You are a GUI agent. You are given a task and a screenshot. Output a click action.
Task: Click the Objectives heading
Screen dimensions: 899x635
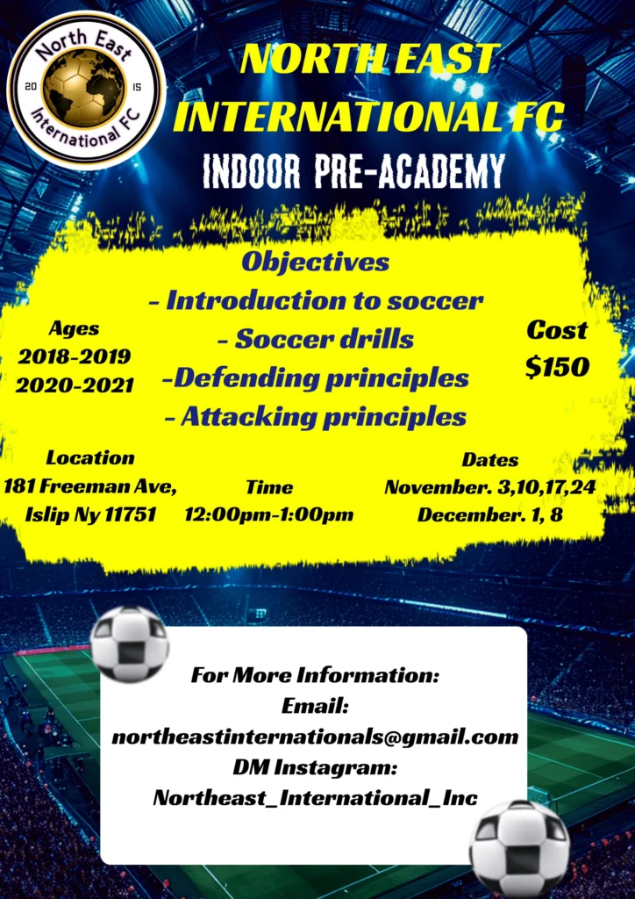click(316, 262)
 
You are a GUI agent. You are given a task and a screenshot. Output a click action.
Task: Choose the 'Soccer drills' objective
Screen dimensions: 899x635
click(316, 339)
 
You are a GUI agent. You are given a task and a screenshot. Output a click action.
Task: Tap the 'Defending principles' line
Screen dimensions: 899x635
click(316, 378)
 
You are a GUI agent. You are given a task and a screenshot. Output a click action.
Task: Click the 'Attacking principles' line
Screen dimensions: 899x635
click(316, 416)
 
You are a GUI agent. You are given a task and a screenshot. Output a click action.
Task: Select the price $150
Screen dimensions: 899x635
click(557, 368)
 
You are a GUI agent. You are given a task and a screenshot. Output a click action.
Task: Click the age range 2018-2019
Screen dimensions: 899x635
click(75, 356)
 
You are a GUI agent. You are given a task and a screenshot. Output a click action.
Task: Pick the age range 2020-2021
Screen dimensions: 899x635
click(75, 385)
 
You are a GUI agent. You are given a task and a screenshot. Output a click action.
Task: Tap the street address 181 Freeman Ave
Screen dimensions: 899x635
click(90, 485)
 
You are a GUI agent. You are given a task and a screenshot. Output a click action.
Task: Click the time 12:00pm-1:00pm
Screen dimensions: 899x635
click(268, 514)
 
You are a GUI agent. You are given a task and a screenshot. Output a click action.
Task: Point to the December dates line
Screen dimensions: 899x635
click(489, 514)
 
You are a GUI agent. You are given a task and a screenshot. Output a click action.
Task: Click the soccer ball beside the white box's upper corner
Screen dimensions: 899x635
click(130, 644)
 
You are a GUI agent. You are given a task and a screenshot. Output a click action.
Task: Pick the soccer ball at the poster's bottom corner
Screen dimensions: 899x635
click(519, 847)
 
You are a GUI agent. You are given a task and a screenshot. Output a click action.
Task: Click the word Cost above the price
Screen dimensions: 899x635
click(557, 331)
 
